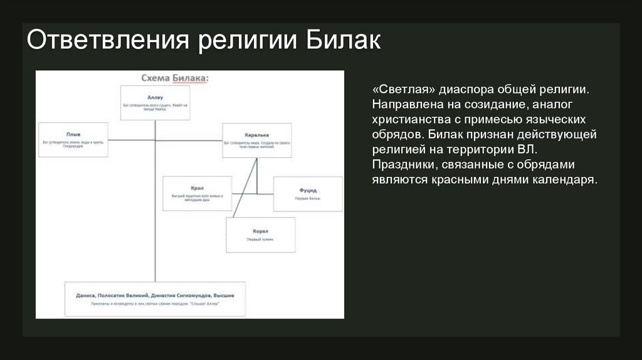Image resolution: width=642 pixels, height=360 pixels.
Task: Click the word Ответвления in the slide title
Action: point(107,42)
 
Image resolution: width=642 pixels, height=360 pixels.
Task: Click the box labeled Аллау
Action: point(155,102)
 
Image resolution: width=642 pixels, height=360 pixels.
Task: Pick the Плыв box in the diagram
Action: point(73,139)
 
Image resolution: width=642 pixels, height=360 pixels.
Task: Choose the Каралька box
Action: point(256,139)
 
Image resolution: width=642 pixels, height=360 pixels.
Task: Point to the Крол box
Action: point(197,193)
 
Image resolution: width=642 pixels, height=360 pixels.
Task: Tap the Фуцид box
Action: point(308,194)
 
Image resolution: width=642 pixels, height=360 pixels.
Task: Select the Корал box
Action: point(260,235)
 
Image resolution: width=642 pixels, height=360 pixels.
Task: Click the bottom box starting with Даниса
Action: point(155,299)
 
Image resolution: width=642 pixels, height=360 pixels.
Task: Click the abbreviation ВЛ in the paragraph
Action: point(527,151)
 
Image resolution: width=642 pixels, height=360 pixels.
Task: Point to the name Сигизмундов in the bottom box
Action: point(187,295)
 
